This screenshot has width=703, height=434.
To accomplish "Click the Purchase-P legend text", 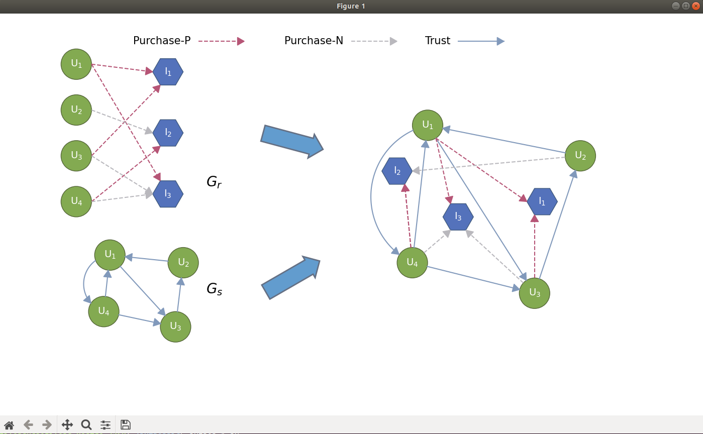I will [162, 41].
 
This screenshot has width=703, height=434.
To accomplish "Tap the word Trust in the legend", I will [437, 41].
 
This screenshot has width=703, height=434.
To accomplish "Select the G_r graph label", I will [214, 182].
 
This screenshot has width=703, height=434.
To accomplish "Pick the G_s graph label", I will [214, 289].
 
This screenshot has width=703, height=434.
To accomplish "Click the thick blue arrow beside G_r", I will [292, 142].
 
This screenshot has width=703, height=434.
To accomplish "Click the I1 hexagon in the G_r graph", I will [168, 72].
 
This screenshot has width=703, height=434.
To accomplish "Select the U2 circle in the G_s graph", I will [183, 263].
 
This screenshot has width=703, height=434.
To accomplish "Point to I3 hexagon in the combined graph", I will [458, 216].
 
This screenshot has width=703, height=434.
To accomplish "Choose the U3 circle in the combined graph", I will [534, 293].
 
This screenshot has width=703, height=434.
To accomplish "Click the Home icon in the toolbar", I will [9, 425].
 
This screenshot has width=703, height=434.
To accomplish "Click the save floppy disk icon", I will [126, 425].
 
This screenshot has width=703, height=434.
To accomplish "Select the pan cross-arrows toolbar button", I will [67, 425].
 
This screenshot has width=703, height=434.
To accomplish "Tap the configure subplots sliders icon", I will [106, 425].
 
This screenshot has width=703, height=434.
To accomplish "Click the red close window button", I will [695, 6].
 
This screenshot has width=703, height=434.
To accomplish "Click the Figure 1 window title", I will [351, 6].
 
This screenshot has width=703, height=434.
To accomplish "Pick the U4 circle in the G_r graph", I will [76, 201].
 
